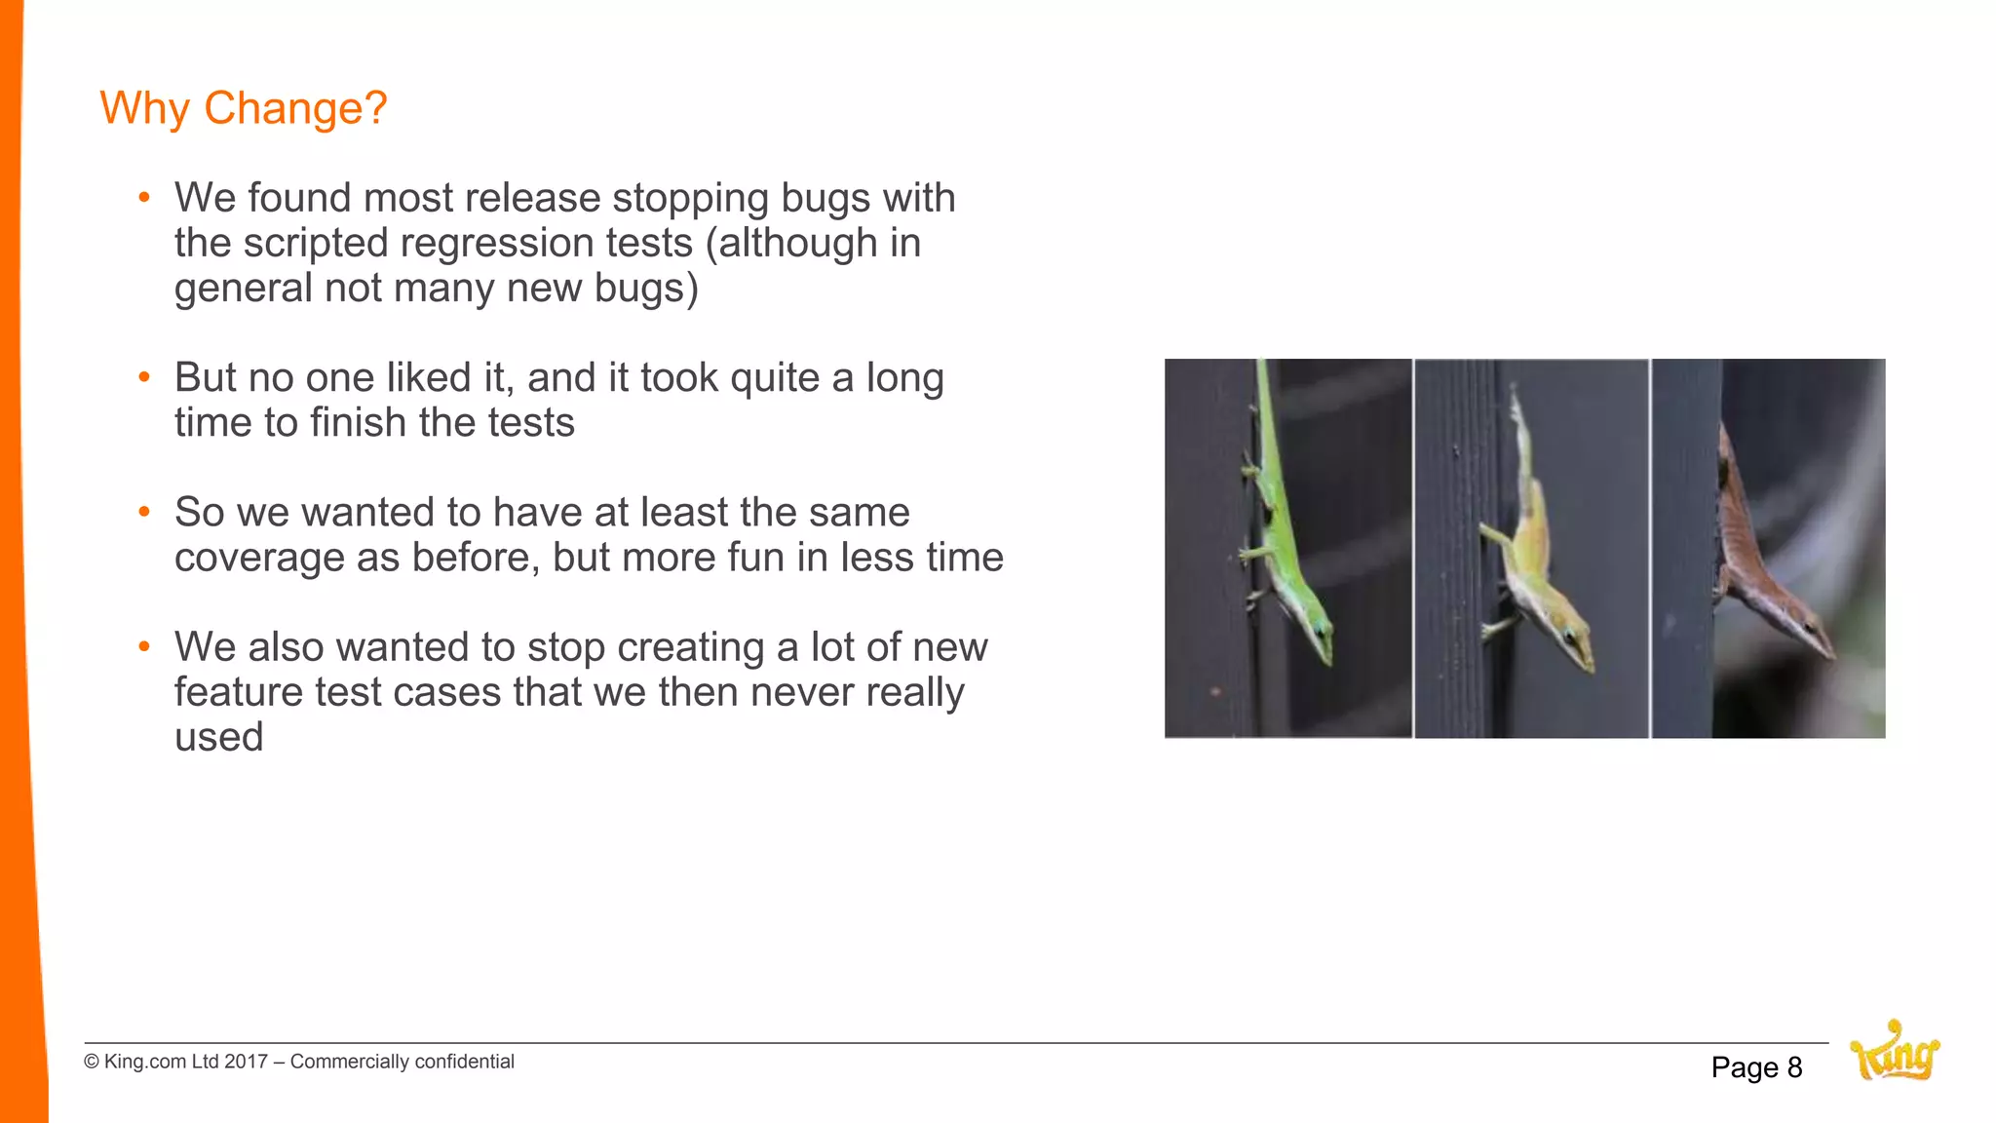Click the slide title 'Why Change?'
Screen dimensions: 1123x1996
244,108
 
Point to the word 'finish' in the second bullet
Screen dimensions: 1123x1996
358,423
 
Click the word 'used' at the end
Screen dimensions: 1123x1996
218,737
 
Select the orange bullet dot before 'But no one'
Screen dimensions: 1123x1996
144,377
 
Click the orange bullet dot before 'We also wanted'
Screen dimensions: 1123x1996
144,646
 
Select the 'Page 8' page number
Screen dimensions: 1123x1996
1756,1067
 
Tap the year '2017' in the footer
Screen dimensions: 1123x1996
246,1062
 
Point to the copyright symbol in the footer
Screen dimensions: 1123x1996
92,1062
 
